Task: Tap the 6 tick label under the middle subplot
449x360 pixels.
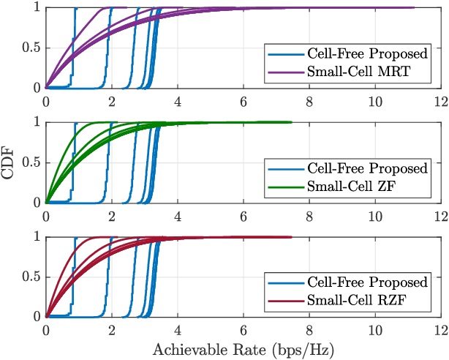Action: pyautogui.click(x=243, y=215)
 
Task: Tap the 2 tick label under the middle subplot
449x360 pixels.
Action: pyautogui.click(x=111, y=215)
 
